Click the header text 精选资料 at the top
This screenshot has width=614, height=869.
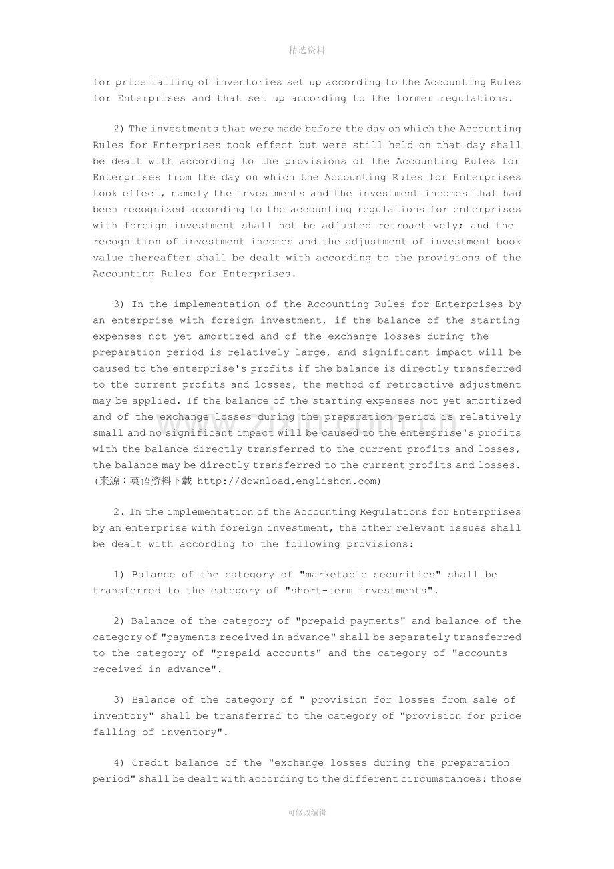[307, 50]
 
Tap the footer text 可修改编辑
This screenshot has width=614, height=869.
[307, 812]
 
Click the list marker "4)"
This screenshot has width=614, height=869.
[119, 763]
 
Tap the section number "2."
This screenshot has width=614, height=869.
[119, 512]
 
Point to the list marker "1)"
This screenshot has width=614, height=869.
[119, 575]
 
